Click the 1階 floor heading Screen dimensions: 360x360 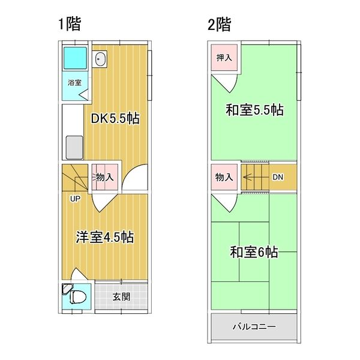pos(70,24)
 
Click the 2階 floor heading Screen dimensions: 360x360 pos(219,25)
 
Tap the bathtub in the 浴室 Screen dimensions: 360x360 pos(75,58)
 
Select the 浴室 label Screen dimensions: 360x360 pos(74,83)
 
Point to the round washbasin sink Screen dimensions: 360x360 pos(100,59)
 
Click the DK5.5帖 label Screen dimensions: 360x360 pos(115,118)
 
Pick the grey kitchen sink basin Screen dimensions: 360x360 pos(74,148)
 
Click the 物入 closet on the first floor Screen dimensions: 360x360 pos(105,177)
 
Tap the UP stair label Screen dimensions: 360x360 pos(75,199)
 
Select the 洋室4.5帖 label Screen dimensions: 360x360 pos(104,237)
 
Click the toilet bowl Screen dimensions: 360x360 pos(78,296)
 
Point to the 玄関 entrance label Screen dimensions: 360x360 pos(121,297)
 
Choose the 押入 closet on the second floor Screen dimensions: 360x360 pos(224,58)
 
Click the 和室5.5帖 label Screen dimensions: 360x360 pos(254,110)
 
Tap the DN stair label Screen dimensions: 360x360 pos(278,177)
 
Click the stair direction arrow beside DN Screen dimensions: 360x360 pos(256,177)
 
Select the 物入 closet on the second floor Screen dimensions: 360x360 pos(224,177)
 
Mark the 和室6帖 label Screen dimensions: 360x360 pos(254,252)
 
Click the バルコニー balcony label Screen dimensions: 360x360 pos(254,326)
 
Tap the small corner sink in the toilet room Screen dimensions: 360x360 pos(67,289)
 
